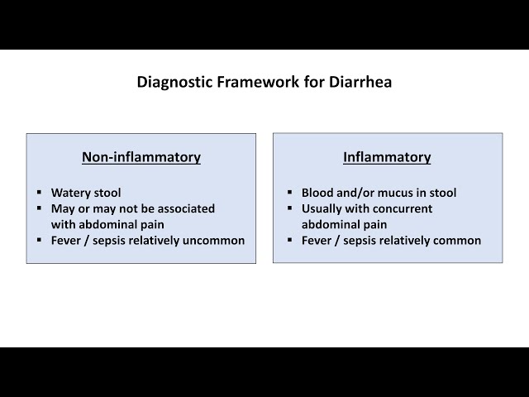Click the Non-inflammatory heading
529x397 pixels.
tap(141, 157)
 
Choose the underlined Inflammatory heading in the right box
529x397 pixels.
tap(387, 157)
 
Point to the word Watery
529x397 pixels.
tap(69, 193)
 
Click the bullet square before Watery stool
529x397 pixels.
tap(41, 194)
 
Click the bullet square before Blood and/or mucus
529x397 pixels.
tap(289, 194)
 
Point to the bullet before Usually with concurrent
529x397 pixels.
tap(289, 209)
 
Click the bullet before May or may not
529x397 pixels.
tap(41, 209)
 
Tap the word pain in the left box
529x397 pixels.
tap(150, 224)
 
